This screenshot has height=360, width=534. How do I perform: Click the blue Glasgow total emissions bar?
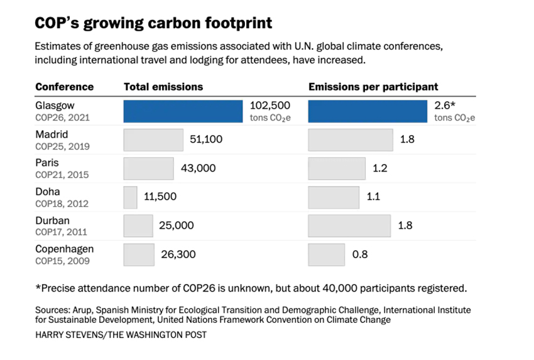183,111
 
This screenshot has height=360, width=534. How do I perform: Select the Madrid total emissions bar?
153,139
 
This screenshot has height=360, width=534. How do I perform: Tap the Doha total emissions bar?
131,197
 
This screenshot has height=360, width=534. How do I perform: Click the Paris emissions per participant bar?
337,168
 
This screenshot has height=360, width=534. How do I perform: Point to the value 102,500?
270,106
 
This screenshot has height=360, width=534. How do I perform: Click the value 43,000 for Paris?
199,168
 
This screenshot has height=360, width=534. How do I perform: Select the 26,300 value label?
178,254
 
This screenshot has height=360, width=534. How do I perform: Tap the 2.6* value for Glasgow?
445,106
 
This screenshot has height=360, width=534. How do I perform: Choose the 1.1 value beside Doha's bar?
374,197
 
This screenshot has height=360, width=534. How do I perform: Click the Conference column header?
64,87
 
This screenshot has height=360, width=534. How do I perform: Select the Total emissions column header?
163,87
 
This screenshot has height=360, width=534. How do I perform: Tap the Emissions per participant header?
373,87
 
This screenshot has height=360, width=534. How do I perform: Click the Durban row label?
52,221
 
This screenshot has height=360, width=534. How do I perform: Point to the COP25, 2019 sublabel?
62,146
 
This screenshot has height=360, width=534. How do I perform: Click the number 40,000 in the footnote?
342,288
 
